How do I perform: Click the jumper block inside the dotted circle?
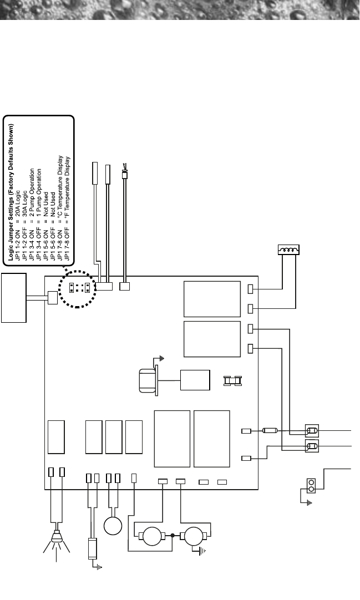[80, 287]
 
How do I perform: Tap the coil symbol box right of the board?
[288, 252]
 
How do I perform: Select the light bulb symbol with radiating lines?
[56, 538]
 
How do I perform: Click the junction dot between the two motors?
[173, 536]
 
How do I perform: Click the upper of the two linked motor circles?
[153, 536]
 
